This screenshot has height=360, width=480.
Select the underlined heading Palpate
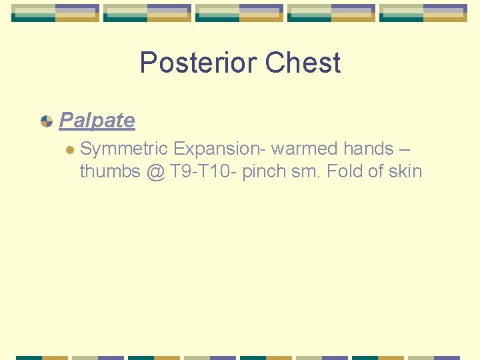click(x=97, y=121)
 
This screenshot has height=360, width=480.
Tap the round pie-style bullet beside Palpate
click(x=47, y=121)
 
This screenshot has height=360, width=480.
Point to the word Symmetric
click(x=123, y=149)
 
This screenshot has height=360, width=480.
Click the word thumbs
click(x=109, y=171)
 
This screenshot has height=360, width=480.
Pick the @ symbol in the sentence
click(x=154, y=172)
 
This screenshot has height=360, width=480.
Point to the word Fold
click(x=344, y=171)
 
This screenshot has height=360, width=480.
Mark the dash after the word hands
click(x=403, y=149)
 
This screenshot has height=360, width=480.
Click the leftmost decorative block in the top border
click(x=55, y=13)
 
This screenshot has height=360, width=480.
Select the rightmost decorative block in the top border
click(x=423, y=13)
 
